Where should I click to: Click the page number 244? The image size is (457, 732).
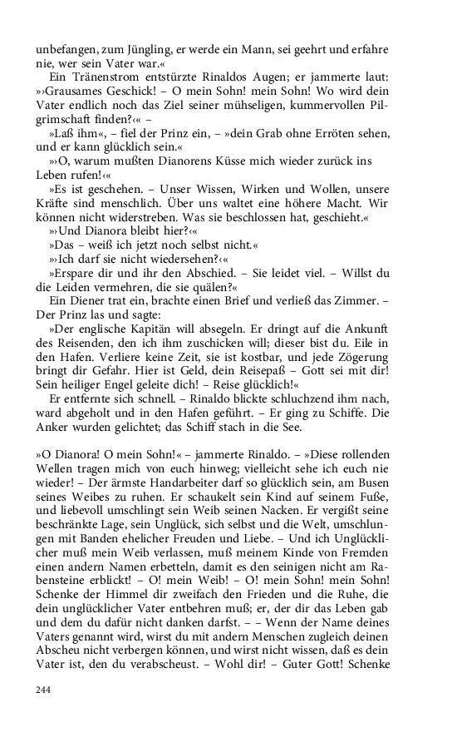pyautogui.click(x=44, y=690)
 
